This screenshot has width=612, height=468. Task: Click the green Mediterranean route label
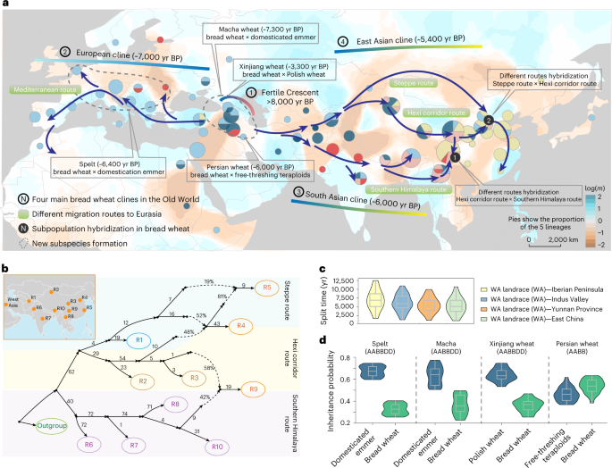(x=43, y=89)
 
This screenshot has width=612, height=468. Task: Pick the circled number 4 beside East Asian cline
(x=341, y=42)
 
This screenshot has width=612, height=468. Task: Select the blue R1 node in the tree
(x=137, y=341)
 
